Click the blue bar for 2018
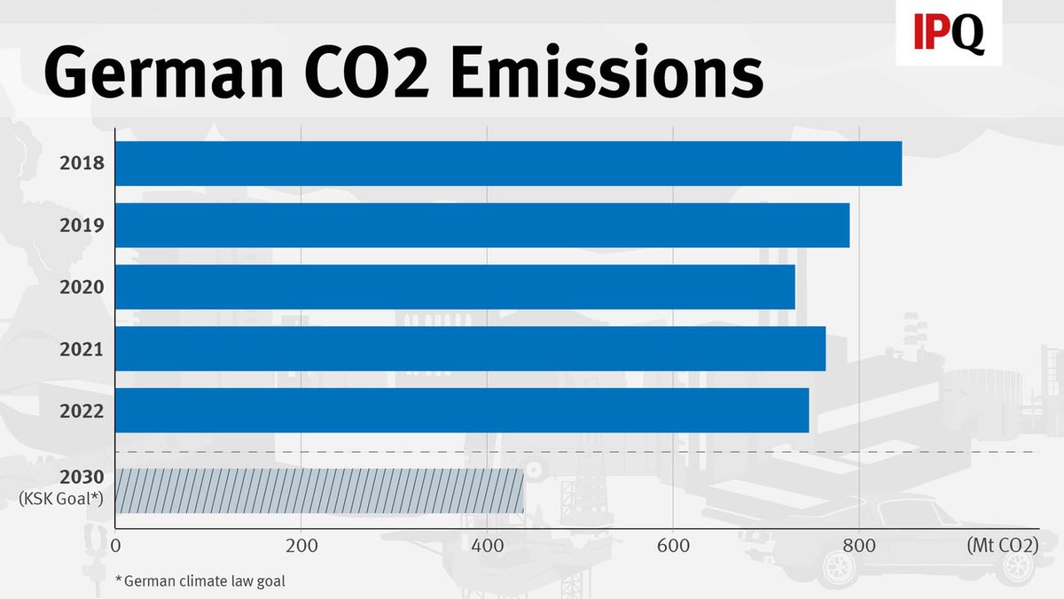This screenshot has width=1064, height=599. [x=508, y=163]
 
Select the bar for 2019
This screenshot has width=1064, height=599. [x=482, y=225]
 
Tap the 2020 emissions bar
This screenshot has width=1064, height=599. [x=455, y=287]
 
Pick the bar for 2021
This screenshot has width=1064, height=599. [x=470, y=349]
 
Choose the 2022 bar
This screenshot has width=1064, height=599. [x=462, y=411]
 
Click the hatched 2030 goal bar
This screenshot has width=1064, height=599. [x=319, y=491]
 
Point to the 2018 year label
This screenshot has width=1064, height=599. [x=82, y=163]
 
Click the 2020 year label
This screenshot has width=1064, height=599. [x=82, y=287]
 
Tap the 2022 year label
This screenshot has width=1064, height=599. [x=82, y=411]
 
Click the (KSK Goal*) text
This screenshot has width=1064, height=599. [x=61, y=500]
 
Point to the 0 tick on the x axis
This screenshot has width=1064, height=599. [x=115, y=546]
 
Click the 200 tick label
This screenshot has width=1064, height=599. [x=301, y=546]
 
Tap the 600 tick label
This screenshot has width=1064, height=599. [x=673, y=546]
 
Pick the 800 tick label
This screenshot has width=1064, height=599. [x=859, y=546]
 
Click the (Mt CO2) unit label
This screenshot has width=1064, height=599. [x=1002, y=546]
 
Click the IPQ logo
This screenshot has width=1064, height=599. [x=949, y=34]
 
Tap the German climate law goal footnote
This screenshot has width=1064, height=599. [x=205, y=581]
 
